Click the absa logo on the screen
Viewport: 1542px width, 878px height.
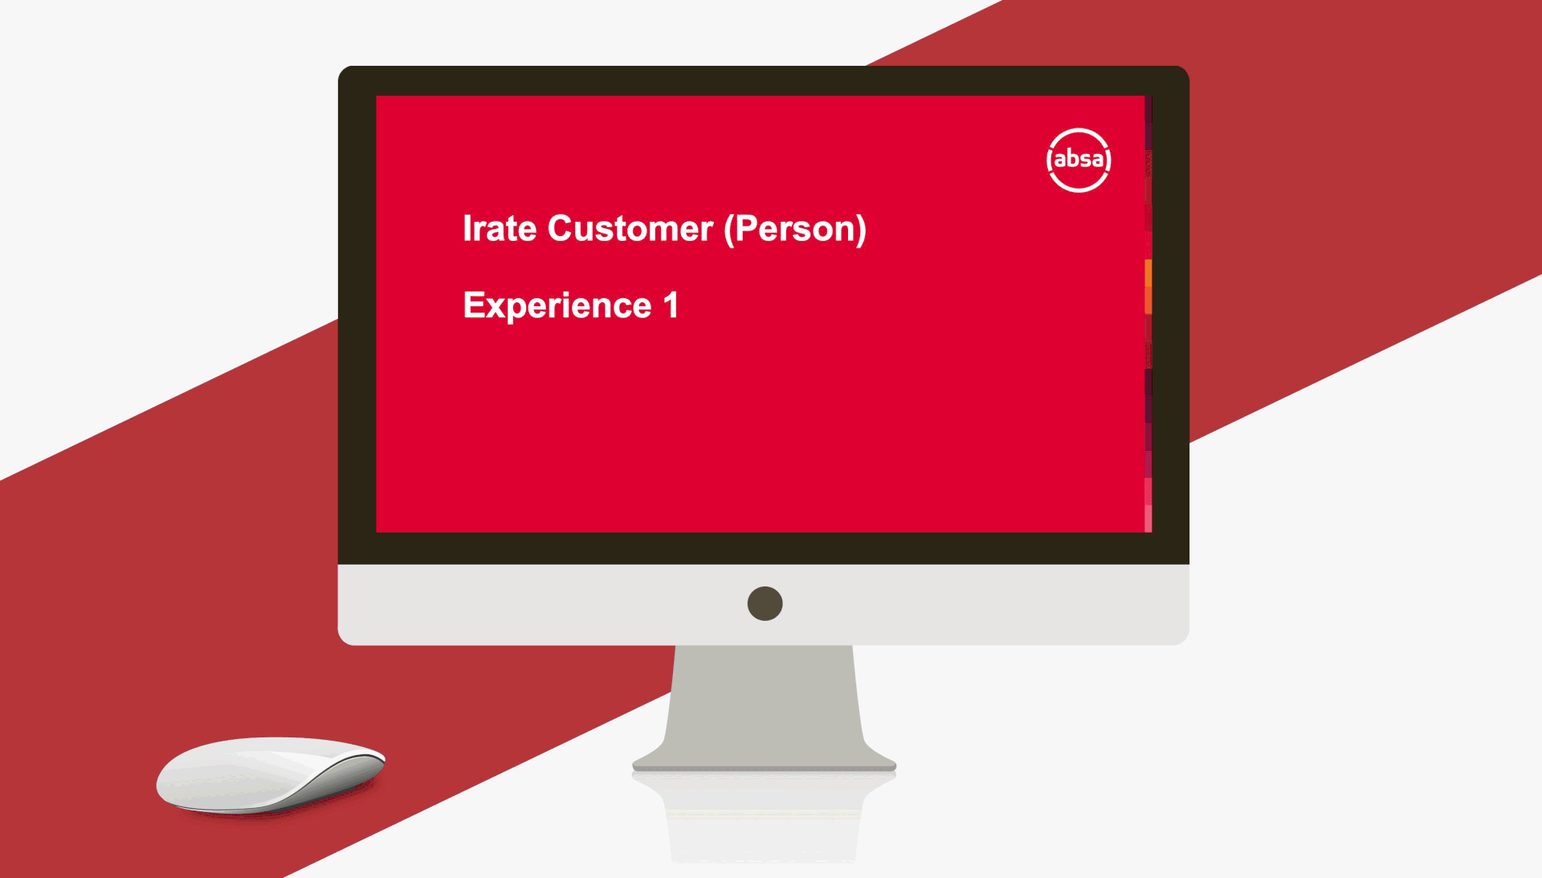(x=1079, y=160)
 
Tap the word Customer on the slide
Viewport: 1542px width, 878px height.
(x=630, y=229)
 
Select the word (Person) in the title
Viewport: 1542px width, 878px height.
(x=795, y=230)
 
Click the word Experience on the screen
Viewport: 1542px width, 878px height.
(x=557, y=306)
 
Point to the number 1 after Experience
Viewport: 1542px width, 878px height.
(x=671, y=305)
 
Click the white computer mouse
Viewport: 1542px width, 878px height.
(x=271, y=774)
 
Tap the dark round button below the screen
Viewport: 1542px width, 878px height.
(x=765, y=603)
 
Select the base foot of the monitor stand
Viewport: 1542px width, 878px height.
(x=764, y=759)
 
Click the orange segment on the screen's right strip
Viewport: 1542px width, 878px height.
(x=1148, y=286)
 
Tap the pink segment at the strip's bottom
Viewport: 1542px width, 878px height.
(x=1148, y=505)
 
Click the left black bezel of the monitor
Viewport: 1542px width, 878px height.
(x=357, y=314)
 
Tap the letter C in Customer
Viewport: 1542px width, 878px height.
(x=561, y=229)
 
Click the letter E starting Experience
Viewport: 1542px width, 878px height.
(x=473, y=304)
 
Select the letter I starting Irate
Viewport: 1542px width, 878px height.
(x=467, y=229)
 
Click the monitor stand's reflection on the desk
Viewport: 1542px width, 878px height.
(x=764, y=815)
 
